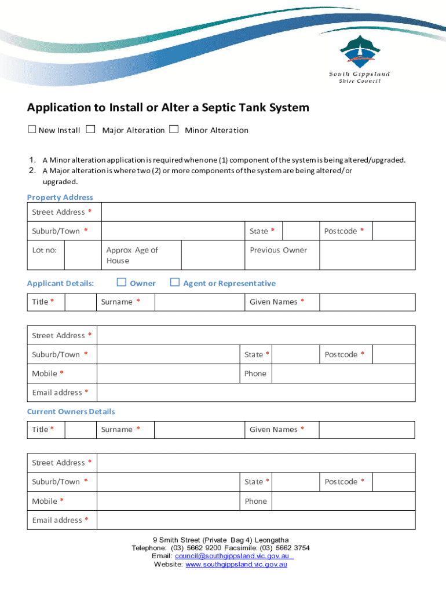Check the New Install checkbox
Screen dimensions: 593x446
pyautogui.click(x=32, y=130)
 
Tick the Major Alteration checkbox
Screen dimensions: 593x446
pyautogui.click(x=90, y=130)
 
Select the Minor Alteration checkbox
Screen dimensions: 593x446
pyautogui.click(x=174, y=130)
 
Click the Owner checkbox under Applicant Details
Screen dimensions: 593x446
pyautogui.click(x=122, y=283)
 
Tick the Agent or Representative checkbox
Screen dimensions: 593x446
pyautogui.click(x=175, y=283)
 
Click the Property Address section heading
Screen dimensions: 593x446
pyautogui.click(x=60, y=197)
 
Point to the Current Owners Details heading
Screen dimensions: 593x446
pyautogui.click(x=71, y=412)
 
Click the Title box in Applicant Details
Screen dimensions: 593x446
pyautogui.click(x=80, y=302)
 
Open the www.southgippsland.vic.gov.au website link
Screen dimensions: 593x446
pyautogui.click(x=236, y=564)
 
